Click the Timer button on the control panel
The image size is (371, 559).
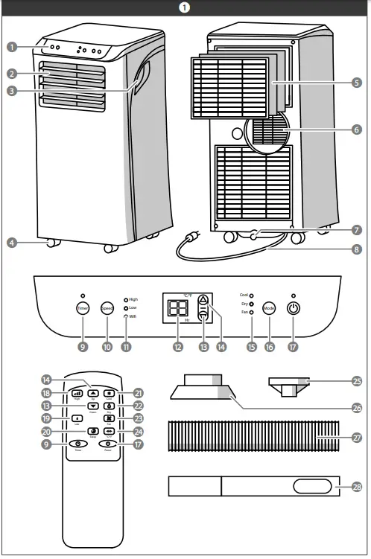coord(82,309)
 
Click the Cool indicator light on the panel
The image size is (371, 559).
coord(251,296)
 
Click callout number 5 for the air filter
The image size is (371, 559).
coord(356,83)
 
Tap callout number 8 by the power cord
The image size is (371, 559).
coord(356,250)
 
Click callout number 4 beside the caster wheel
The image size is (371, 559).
coord(12,242)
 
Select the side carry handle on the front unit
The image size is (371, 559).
coord(141,77)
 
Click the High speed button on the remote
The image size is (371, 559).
coord(77,392)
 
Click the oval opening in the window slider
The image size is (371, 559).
coord(312,486)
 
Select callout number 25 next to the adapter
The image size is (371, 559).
coord(356,381)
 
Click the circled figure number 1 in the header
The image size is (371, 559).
coord(185,7)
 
